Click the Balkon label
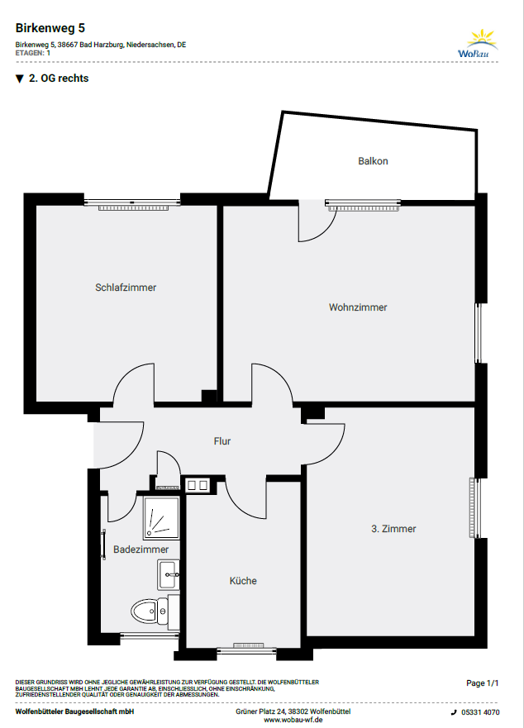pyautogui.click(x=373, y=161)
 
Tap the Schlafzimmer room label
pyautogui.click(x=126, y=288)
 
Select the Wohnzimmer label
pyautogui.click(x=358, y=307)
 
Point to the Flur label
pyautogui.click(x=222, y=441)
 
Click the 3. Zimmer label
pyautogui.click(x=393, y=528)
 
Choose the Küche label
pyautogui.click(x=243, y=580)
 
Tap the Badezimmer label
pyautogui.click(x=141, y=550)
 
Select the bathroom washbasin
pyautogui.click(x=168, y=575)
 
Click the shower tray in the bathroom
pyautogui.click(x=161, y=517)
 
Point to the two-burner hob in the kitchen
pyautogui.click(x=198, y=486)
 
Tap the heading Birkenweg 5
pyautogui.click(x=50, y=28)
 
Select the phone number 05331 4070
pyautogui.click(x=480, y=712)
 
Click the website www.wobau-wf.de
pyautogui.click(x=293, y=720)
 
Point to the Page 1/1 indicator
pyautogui.click(x=482, y=683)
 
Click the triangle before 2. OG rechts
pyautogui.click(x=20, y=79)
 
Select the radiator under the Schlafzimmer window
pyautogui.click(x=132, y=208)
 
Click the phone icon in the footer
pyautogui.click(x=454, y=712)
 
